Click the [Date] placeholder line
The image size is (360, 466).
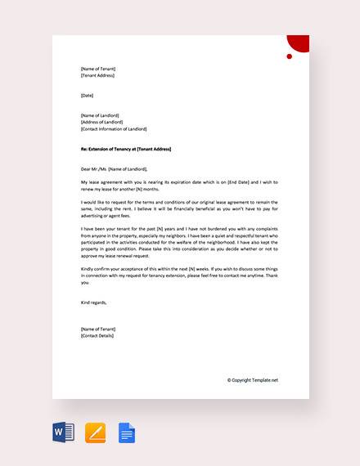click(x=88, y=96)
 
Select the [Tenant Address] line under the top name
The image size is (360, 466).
click(x=97, y=75)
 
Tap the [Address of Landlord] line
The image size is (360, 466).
click(x=102, y=122)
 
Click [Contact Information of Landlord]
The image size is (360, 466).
click(x=114, y=129)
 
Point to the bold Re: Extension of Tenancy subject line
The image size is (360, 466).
click(x=131, y=149)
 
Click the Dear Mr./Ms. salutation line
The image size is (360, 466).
click(x=114, y=168)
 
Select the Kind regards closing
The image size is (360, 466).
click(x=94, y=302)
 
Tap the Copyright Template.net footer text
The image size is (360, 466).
click(x=253, y=380)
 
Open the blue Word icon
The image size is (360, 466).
click(x=64, y=431)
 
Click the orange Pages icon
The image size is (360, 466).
click(x=96, y=431)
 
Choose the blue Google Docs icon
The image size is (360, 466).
click(x=126, y=431)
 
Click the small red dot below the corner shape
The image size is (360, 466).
click(x=289, y=56)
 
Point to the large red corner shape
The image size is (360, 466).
click(x=300, y=43)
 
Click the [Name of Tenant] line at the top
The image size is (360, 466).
click(x=98, y=68)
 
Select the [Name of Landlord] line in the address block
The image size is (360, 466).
click(x=101, y=115)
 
